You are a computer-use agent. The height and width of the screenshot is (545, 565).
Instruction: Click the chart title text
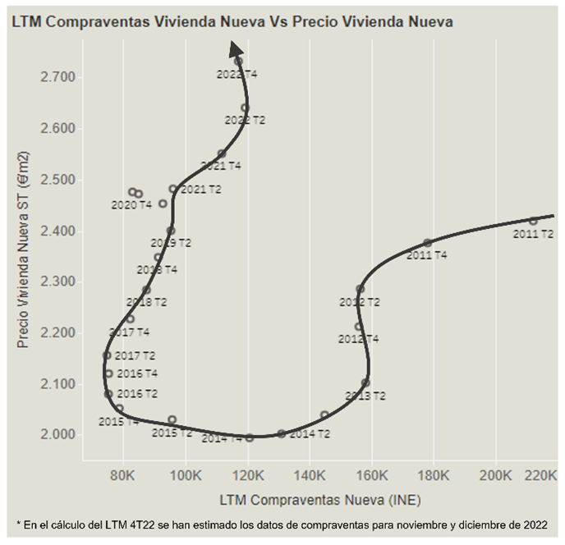232,22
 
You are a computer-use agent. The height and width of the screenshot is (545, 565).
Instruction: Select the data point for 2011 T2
533,221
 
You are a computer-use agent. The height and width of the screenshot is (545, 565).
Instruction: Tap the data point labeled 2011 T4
427,243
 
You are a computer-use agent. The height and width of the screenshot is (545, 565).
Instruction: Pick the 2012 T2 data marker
360,289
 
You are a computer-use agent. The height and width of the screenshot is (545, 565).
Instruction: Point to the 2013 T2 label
365,396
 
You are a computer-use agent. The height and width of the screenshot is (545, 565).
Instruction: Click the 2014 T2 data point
281,433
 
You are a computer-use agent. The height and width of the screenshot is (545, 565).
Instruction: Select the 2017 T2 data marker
107,355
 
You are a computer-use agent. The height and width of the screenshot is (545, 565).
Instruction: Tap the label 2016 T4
137,373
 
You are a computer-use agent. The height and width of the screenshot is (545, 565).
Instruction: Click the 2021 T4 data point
222,153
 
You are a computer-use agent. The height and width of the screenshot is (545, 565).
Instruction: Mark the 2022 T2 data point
245,108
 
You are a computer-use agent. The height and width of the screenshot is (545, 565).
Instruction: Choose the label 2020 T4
131,204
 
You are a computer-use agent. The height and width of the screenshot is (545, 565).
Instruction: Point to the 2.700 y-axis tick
58,77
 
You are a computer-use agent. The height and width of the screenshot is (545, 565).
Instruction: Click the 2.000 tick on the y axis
58,435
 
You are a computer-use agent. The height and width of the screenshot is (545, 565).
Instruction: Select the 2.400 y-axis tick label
58,231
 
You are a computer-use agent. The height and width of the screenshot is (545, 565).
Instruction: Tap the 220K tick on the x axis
540,477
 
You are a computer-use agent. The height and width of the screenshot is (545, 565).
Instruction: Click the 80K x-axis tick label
123,477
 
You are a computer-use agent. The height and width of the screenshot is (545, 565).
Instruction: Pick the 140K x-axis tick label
310,477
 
